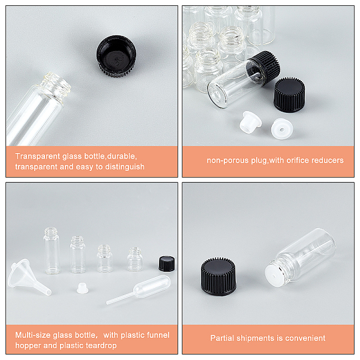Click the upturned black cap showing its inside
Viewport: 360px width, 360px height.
pos(116,56)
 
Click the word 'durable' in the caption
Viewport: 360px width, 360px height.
pos(121,156)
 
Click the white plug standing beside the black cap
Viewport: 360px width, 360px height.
pos(250,122)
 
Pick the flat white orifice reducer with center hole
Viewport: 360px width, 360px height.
pos(282,128)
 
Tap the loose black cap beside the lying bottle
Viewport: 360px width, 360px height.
pos(289,95)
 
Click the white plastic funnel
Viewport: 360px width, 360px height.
pos(29,277)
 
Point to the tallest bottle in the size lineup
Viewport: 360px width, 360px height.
pos(52,250)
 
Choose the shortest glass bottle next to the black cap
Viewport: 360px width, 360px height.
pos(135,259)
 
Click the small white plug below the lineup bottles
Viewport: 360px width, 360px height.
pos(82,288)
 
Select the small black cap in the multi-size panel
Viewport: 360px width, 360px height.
pos(167,264)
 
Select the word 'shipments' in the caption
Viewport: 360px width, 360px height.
pos(256,338)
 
